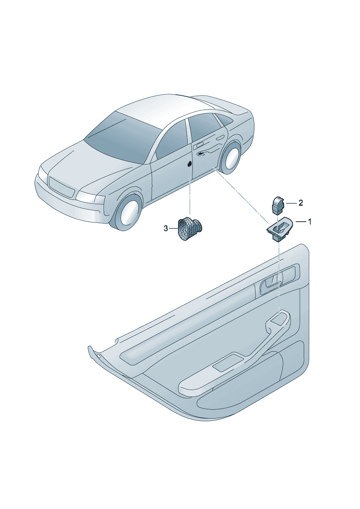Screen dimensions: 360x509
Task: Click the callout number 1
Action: coord(309,222)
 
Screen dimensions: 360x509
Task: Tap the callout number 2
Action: coord(300,203)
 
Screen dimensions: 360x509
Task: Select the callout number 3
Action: coord(166,228)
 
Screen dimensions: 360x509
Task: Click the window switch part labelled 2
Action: coord(278,205)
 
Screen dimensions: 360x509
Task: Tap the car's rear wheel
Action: coord(231,157)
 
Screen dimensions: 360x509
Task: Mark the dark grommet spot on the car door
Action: coord(189,164)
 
